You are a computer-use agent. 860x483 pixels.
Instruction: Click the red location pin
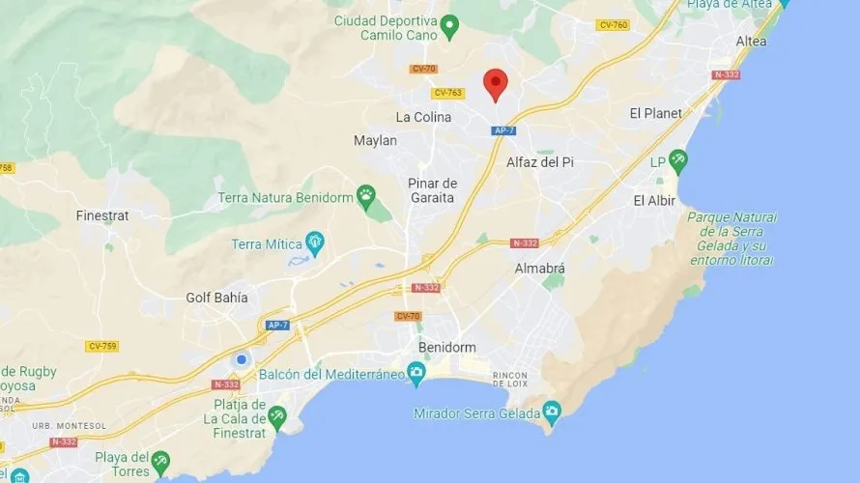coord(495,84)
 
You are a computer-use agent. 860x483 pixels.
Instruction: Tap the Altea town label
coord(751,42)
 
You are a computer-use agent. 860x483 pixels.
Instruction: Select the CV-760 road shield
coord(613,25)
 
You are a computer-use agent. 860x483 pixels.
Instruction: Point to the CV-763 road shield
coord(448,93)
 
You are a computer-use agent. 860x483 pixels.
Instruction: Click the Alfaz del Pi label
coord(540,162)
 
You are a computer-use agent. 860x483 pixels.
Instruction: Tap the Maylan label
coord(375,140)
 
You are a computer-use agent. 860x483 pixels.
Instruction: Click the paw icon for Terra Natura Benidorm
coord(366,196)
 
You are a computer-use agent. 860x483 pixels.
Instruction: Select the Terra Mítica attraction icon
coord(314,241)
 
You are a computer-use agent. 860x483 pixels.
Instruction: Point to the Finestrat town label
coord(102,215)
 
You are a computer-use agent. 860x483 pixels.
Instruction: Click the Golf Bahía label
coord(216,298)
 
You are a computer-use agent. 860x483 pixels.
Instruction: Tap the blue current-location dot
coord(242,359)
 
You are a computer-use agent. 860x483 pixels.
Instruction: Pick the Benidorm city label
coord(447,347)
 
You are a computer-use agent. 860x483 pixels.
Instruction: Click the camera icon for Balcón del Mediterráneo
coord(416,373)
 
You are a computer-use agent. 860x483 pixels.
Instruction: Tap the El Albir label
coord(654,201)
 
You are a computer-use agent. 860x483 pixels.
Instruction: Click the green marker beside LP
coord(679,159)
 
